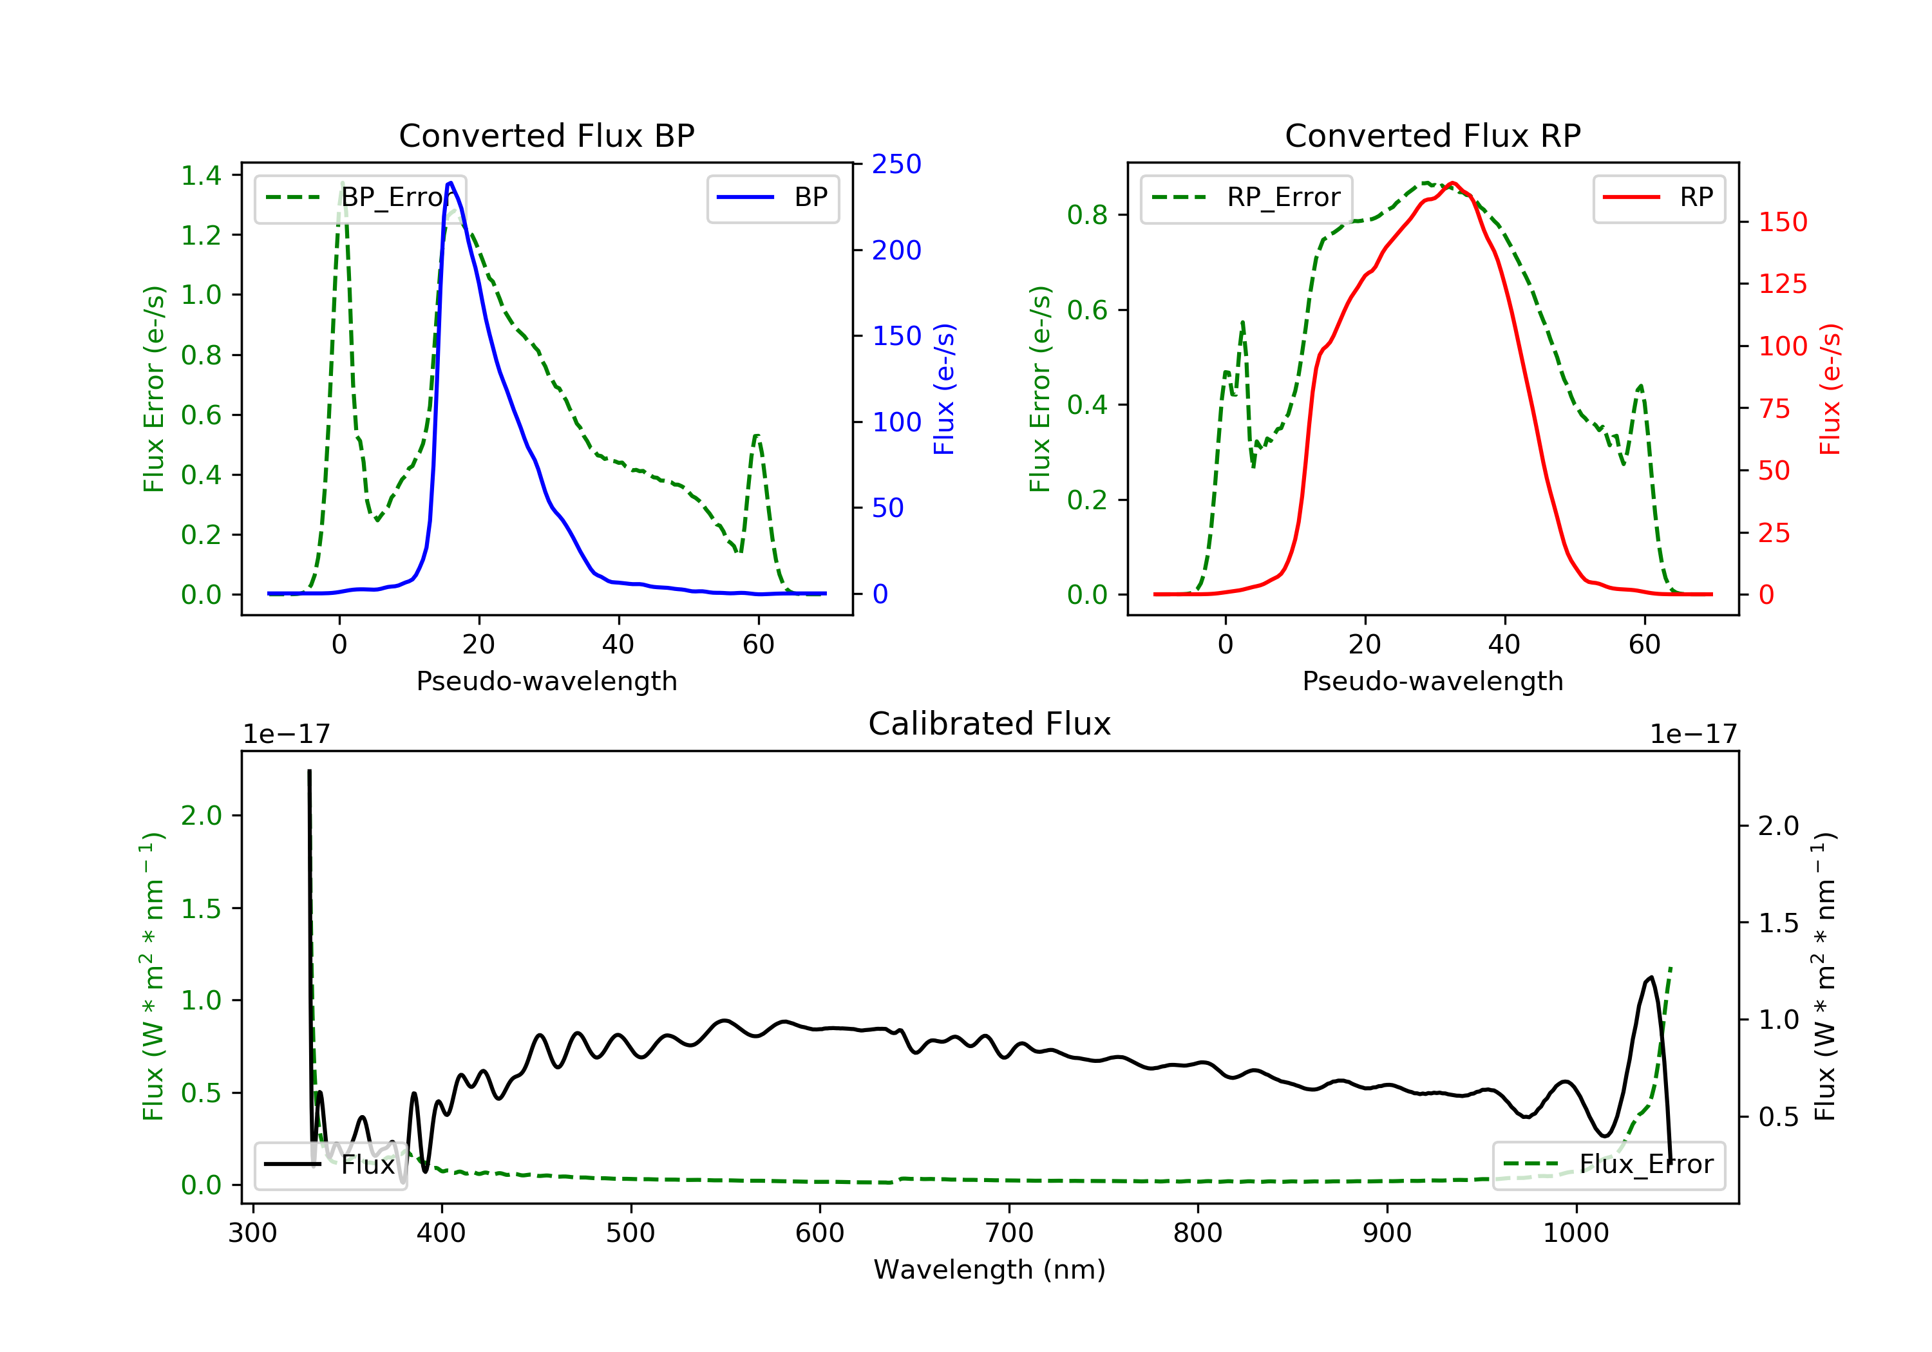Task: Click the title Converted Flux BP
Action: (546, 135)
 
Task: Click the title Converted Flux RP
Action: (1432, 135)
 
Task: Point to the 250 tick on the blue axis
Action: (896, 164)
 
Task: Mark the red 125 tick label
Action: (1782, 283)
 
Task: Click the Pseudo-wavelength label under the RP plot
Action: (1432, 681)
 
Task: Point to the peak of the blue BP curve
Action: (451, 183)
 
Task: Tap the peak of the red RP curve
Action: (1454, 183)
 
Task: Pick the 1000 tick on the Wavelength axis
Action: (1575, 1234)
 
